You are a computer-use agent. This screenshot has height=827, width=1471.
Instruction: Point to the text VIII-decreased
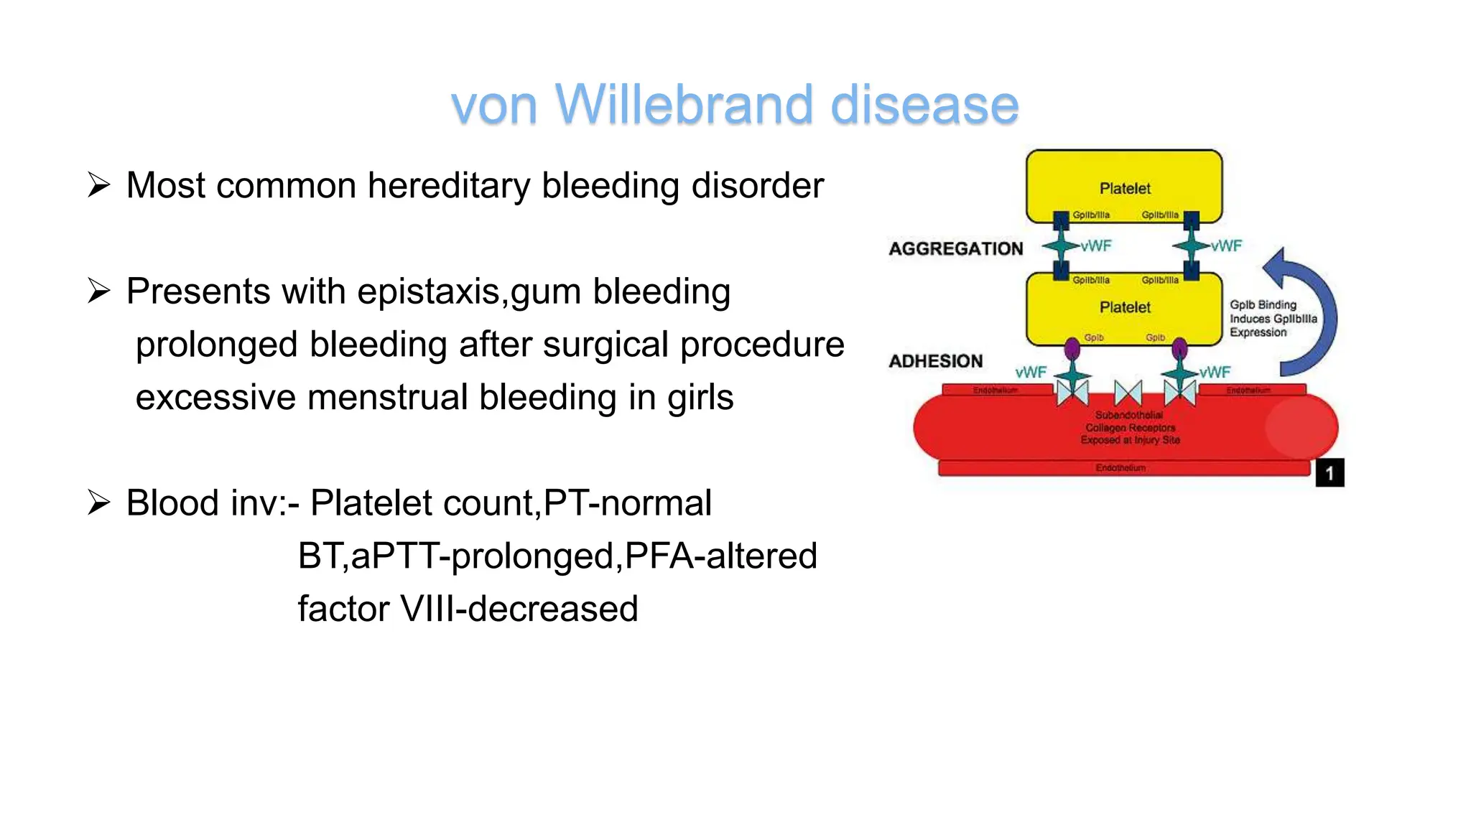[x=519, y=609]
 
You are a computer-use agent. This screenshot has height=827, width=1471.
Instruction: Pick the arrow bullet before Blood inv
[x=98, y=503]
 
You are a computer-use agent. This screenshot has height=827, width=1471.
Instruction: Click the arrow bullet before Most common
[x=98, y=185]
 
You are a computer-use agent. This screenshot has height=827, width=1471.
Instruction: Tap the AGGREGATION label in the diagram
[x=955, y=249]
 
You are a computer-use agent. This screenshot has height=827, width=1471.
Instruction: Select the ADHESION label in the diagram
[x=935, y=361]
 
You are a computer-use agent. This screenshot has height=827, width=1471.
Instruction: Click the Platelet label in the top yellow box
[x=1124, y=189]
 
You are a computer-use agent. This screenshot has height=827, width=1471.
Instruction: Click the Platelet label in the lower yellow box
[x=1124, y=308]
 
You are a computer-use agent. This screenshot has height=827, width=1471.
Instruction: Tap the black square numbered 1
[x=1329, y=473]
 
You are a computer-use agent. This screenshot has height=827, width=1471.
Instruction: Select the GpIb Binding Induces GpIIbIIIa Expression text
[x=1272, y=319]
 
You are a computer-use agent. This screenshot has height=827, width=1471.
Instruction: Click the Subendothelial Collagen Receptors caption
[x=1129, y=428]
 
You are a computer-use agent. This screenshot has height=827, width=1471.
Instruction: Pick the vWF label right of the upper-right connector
[x=1226, y=246]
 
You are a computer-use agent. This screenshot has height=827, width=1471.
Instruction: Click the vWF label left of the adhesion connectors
[x=1031, y=373]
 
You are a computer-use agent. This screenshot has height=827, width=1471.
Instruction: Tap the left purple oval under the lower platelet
[x=1072, y=350]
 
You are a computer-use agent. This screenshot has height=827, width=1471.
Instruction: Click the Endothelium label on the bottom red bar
[x=1120, y=468]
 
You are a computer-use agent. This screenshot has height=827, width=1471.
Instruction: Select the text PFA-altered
[x=720, y=556]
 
